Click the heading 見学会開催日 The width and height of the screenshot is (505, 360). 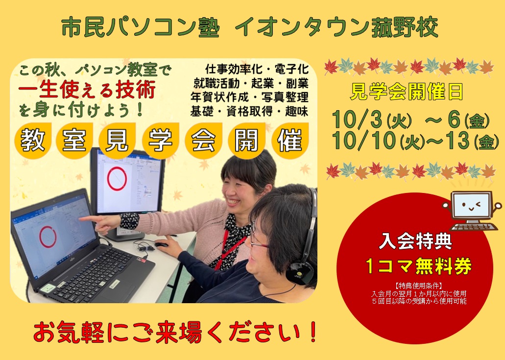click(407, 92)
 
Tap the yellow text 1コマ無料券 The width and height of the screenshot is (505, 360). click(419, 266)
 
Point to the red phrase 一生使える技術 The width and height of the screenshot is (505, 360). click(87, 89)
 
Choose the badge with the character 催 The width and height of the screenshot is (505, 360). click(290, 141)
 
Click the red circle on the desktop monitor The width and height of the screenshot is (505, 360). click(117, 179)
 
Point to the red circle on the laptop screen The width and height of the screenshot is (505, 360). click(48, 237)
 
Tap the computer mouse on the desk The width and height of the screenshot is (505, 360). click(161, 245)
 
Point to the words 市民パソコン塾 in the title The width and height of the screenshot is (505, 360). click(141, 27)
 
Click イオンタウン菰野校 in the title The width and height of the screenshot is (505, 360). click(337, 27)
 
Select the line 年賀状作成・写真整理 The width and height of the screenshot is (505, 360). click(249, 97)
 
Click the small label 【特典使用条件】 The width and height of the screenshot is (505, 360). click(418, 285)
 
